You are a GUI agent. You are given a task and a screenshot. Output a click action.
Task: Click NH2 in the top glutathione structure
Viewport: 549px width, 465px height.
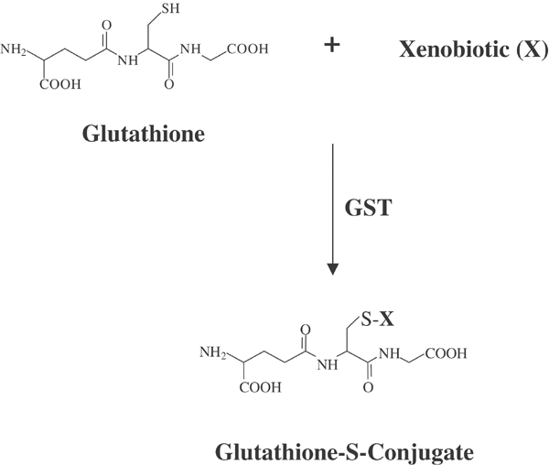click(x=16, y=49)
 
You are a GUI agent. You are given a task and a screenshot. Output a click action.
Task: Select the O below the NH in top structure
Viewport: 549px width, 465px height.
click(x=171, y=83)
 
